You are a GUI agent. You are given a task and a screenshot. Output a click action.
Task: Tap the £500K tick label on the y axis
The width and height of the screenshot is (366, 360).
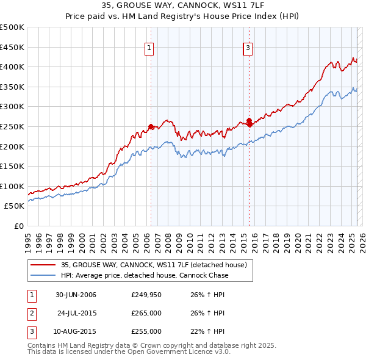(12, 27)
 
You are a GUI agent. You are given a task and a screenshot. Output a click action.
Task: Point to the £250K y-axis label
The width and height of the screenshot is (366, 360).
(12, 126)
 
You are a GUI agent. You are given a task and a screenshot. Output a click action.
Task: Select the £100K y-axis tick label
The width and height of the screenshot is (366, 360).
(12, 186)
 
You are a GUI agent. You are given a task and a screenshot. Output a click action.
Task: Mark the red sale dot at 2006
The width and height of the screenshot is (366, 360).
(151, 127)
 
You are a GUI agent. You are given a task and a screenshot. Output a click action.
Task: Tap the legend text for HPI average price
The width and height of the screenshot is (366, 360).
(144, 275)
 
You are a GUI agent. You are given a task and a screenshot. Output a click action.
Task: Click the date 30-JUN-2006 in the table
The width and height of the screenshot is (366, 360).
(76, 295)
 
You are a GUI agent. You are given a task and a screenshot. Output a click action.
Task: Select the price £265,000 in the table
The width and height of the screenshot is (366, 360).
(146, 314)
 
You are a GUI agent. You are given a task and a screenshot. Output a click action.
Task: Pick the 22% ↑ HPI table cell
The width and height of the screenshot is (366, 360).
(207, 331)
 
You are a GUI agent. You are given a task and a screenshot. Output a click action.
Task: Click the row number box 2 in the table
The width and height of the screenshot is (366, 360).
(31, 314)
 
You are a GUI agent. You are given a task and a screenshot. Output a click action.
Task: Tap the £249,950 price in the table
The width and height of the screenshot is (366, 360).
(146, 295)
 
